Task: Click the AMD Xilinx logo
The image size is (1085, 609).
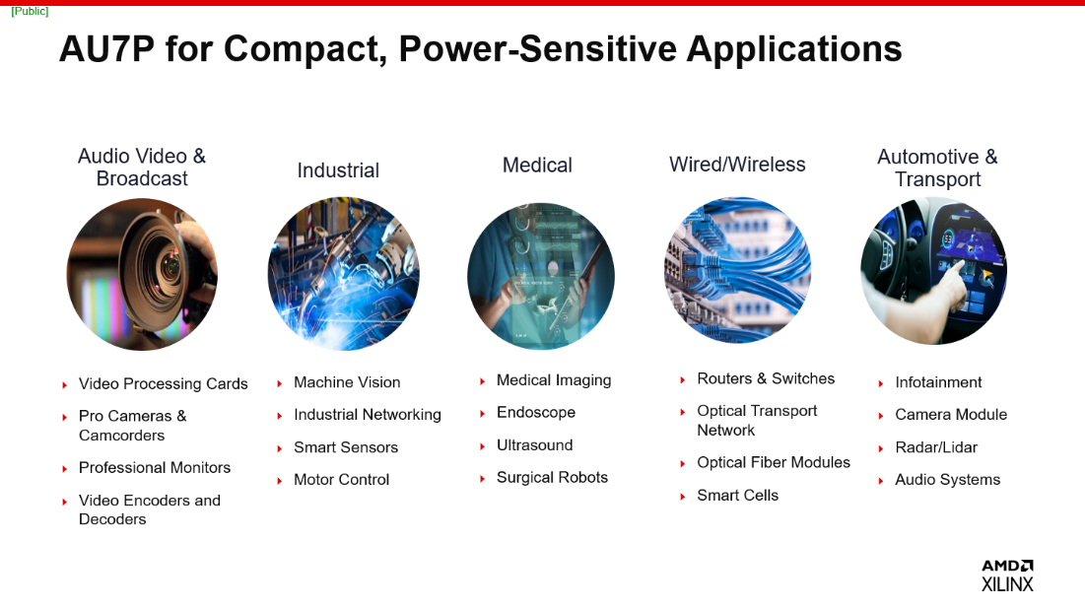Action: point(1007,575)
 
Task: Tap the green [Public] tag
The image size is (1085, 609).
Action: point(30,11)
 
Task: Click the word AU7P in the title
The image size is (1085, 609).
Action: point(106,48)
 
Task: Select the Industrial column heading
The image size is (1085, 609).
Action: point(338,170)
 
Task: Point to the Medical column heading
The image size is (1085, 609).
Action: point(537,166)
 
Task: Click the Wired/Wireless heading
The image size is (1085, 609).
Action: point(737,165)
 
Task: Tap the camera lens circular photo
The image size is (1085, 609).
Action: point(142,275)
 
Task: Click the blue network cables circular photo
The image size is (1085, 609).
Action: point(737,270)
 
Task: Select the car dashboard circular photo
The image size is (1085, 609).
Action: point(933,271)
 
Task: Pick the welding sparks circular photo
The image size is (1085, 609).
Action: point(343,273)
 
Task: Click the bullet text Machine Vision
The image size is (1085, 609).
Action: point(347,382)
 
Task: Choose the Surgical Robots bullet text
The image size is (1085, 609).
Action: point(552,478)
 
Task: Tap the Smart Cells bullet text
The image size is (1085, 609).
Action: point(737,496)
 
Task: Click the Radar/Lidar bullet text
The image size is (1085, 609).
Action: point(936,447)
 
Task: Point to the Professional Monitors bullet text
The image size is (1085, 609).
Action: point(155,468)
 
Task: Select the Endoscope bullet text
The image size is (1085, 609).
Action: point(536,413)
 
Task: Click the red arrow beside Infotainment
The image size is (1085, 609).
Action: point(881,383)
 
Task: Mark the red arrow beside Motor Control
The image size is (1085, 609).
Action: point(280,481)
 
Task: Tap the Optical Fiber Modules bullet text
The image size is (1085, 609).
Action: point(774,463)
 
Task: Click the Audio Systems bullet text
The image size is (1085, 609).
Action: point(947,480)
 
